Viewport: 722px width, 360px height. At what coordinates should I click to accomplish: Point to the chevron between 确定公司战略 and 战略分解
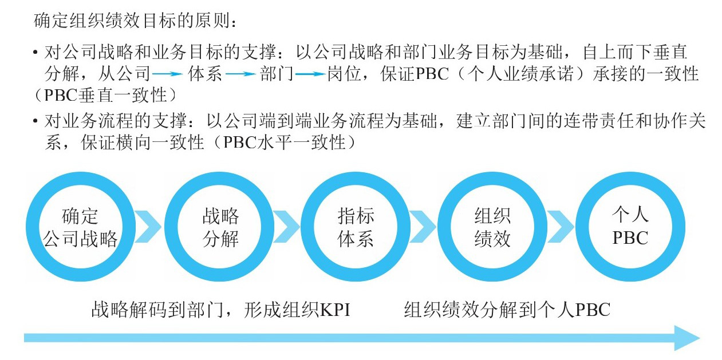149,227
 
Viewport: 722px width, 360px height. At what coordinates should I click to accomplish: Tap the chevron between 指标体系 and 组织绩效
424,227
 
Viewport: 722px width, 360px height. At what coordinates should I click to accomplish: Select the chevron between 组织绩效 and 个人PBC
561,227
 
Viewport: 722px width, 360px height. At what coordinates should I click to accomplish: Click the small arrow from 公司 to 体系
168,74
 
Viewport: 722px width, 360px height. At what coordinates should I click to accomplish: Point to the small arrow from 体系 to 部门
241,74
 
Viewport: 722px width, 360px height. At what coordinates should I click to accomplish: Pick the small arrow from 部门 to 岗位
310,74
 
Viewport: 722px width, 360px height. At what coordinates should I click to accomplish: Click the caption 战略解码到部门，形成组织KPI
221,310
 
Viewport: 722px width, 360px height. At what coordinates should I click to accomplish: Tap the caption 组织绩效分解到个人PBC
507,310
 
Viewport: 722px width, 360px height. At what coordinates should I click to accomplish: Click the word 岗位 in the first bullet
344,74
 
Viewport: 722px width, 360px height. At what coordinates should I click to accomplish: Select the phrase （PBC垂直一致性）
106,96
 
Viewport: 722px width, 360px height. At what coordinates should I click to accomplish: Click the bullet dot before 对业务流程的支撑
35,121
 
